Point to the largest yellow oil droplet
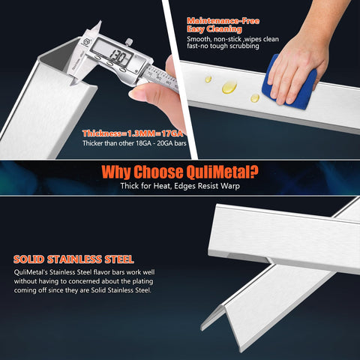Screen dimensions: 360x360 click(229, 87)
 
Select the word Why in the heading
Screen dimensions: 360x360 click(116, 172)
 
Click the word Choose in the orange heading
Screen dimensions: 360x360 click(158, 172)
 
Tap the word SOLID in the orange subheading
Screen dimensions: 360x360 click(28, 259)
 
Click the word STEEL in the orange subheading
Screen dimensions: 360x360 click(119, 259)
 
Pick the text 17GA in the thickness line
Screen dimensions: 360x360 click(172, 133)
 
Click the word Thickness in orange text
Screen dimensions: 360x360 click(102, 133)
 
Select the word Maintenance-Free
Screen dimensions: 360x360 click(223, 21)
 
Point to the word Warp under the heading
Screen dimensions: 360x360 click(230, 186)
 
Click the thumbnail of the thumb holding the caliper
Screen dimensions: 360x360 click(136, 94)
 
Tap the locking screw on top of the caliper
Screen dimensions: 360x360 click(129, 42)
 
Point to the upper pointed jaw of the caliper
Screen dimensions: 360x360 click(96, 27)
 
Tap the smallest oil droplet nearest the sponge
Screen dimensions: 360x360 click(255, 98)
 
